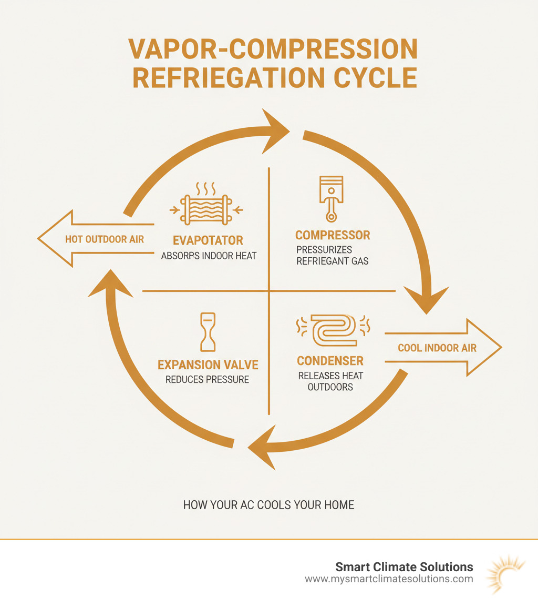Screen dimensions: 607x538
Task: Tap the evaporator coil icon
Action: pyautogui.click(x=203, y=210)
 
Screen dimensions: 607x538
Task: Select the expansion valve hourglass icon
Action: pyautogui.click(x=208, y=332)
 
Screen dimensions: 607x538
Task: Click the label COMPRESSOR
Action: pyautogui.click(x=333, y=235)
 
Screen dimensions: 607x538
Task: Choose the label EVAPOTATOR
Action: pyautogui.click(x=208, y=240)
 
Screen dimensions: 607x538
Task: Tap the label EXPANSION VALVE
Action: pyautogui.click(x=208, y=365)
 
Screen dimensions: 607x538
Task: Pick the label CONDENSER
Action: pyautogui.click(x=330, y=361)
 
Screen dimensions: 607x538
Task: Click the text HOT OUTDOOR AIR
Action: pyautogui.click(x=104, y=239)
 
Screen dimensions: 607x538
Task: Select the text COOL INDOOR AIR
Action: pyautogui.click(x=437, y=348)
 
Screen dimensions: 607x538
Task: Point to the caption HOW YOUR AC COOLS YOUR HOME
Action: pyautogui.click(x=268, y=505)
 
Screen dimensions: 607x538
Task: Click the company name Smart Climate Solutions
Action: pyautogui.click(x=404, y=567)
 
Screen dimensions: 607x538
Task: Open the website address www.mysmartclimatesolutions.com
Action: pyautogui.click(x=389, y=579)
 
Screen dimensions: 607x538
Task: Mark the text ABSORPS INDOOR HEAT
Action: pyautogui.click(x=208, y=257)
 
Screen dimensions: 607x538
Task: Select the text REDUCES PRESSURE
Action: pyautogui.click(x=207, y=379)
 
